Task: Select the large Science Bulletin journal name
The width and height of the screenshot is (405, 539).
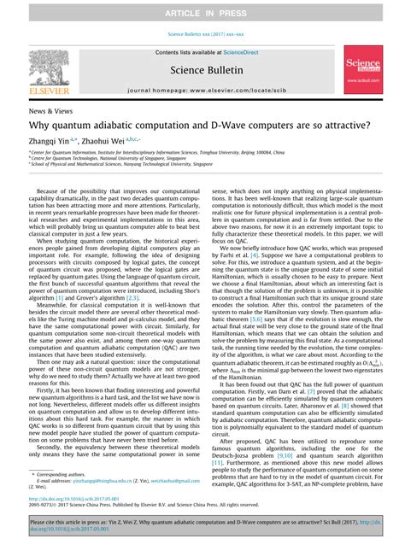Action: pyautogui.click(x=202, y=72)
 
